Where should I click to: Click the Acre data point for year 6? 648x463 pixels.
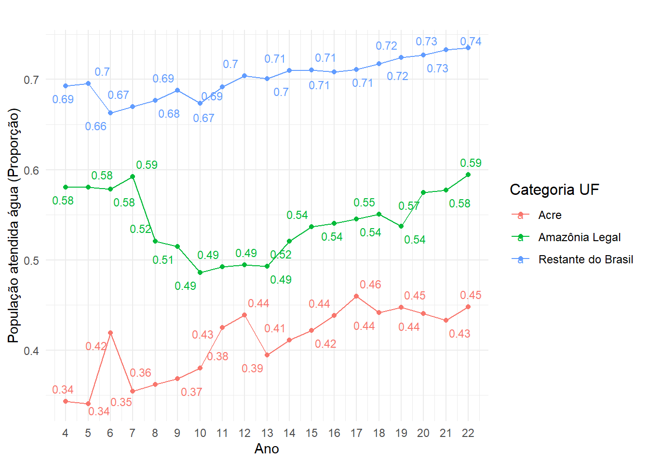click(x=110, y=333)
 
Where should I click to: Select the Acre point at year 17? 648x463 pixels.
click(x=356, y=296)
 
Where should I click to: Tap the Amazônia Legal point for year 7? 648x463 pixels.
click(x=133, y=177)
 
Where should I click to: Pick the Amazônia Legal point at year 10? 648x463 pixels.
click(x=200, y=272)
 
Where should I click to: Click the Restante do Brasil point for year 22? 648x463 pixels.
click(x=468, y=48)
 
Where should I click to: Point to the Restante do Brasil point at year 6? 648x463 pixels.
click(x=110, y=113)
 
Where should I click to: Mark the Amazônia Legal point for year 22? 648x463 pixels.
click(x=468, y=175)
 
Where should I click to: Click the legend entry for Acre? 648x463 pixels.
click(x=550, y=215)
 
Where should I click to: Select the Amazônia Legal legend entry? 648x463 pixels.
click(x=579, y=237)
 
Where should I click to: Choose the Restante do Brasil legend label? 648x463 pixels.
click(x=585, y=259)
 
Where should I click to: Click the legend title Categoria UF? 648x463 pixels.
click(x=554, y=190)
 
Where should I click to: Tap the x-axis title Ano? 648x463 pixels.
click(x=267, y=449)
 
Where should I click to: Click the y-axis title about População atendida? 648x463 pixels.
click(x=14, y=226)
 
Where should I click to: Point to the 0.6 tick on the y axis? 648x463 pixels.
click(x=31, y=170)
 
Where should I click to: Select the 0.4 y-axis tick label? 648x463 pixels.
click(x=31, y=351)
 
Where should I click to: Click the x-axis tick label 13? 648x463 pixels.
click(x=267, y=433)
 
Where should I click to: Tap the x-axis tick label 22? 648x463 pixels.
click(x=468, y=433)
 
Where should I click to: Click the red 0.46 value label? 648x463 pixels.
click(x=370, y=285)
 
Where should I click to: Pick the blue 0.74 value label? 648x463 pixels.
click(x=471, y=41)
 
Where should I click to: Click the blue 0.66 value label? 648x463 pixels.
click(x=95, y=126)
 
